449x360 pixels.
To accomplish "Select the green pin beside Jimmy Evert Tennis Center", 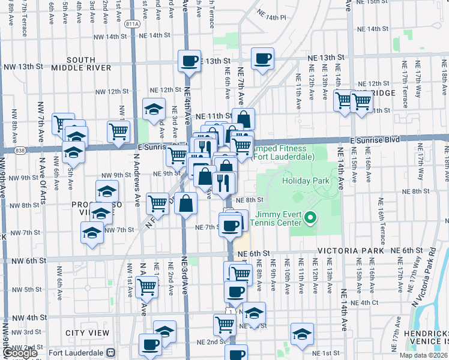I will point(310,217).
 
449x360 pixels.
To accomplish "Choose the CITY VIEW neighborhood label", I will point(88,332).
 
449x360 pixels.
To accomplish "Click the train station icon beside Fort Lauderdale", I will point(110,352).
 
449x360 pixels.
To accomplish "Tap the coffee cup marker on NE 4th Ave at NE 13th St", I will point(190,60).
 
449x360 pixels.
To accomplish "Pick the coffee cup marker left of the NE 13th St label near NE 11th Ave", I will point(262,59).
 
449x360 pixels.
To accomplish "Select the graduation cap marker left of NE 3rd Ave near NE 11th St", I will point(154,109).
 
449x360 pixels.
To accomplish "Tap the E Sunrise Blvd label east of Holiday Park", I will point(375,139).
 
